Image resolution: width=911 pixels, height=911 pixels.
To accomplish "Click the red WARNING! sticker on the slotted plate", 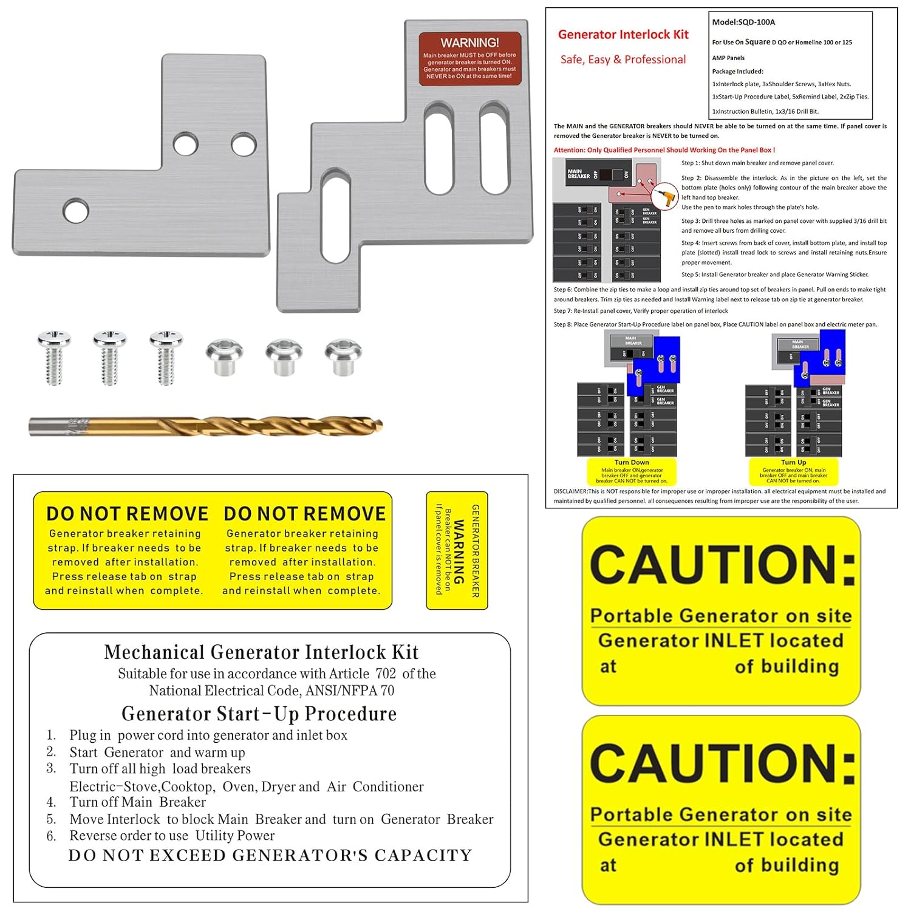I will (469, 59).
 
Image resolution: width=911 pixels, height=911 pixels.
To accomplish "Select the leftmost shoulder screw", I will (54, 357).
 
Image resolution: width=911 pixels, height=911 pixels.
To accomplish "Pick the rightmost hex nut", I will (343, 356).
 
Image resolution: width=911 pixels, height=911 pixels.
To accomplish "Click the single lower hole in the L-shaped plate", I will (75, 210).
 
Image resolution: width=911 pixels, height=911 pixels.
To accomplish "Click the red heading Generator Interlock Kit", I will (623, 35).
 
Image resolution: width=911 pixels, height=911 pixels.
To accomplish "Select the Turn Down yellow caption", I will (632, 471).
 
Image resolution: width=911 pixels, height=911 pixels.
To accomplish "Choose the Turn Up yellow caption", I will (793, 471).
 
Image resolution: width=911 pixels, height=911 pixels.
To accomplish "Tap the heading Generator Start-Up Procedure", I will (259, 714).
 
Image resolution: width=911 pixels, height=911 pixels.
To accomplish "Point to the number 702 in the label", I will (386, 674).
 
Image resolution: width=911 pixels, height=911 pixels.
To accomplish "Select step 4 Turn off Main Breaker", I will (137, 802).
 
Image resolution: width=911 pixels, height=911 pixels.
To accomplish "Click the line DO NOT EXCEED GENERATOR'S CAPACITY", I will (270, 855).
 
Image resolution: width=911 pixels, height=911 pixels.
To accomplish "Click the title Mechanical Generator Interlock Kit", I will (261, 652).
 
